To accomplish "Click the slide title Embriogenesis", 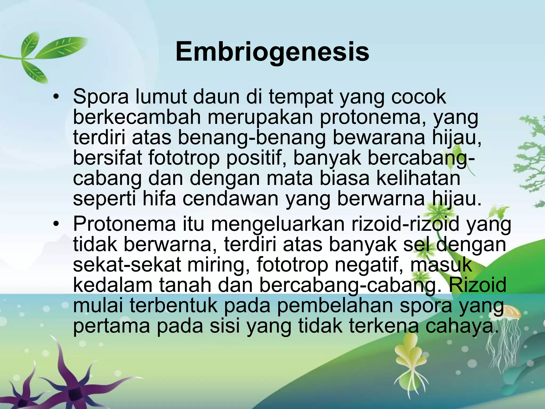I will [x=272, y=52].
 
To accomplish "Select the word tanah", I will [x=185, y=285].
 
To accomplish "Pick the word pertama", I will [x=112, y=326].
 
